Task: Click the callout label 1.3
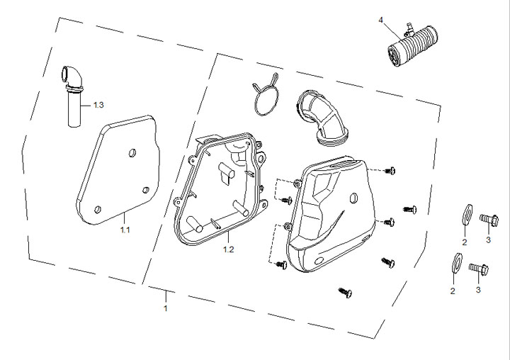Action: click(x=98, y=105)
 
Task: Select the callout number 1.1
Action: click(x=125, y=230)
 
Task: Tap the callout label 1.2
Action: click(x=228, y=249)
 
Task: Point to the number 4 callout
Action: click(x=380, y=20)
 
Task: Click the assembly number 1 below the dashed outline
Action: click(x=166, y=308)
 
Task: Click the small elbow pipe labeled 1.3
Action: click(x=73, y=96)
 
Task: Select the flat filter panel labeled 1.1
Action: click(x=118, y=169)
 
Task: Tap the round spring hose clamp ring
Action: click(x=266, y=95)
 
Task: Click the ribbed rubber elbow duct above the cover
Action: click(x=322, y=116)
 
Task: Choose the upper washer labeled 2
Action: click(x=467, y=215)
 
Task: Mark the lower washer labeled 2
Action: click(x=458, y=262)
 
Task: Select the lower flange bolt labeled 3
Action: click(x=479, y=269)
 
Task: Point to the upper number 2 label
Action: click(x=465, y=242)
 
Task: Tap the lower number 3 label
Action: click(x=478, y=290)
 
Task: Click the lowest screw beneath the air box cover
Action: click(x=346, y=292)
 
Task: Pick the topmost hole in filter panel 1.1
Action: click(x=132, y=152)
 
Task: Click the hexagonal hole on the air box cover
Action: click(x=353, y=198)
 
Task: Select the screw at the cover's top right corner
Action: click(x=390, y=170)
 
